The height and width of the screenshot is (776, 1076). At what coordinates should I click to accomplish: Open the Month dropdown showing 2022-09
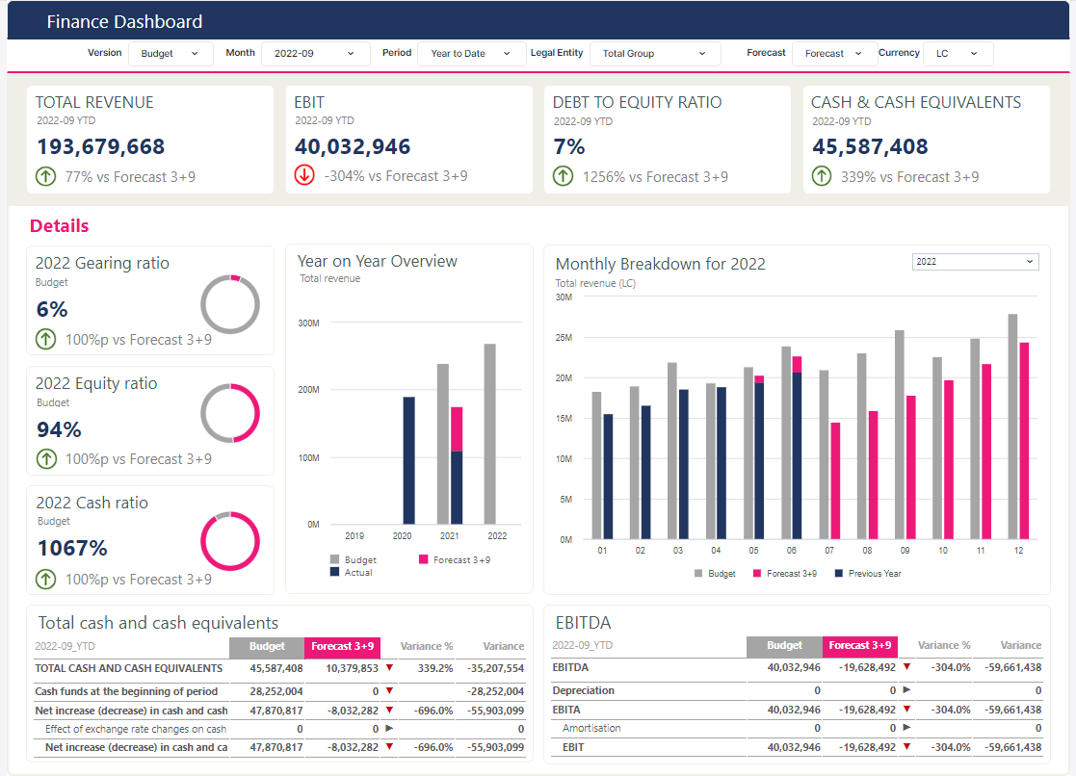[315, 54]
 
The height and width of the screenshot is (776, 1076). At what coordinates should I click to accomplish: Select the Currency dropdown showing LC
[958, 54]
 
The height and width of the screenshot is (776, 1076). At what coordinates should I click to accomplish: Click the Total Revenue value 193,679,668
[101, 146]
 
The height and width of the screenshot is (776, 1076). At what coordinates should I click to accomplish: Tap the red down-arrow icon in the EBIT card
[304, 175]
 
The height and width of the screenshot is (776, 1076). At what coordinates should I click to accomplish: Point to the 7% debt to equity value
[569, 147]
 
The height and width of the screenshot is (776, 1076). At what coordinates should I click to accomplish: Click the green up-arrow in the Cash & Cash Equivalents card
[822, 176]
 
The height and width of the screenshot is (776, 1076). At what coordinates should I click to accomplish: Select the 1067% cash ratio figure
[73, 548]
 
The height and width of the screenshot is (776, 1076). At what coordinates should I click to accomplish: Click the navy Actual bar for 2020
[409, 460]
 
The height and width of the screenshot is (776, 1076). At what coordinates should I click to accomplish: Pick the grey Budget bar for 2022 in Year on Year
[490, 434]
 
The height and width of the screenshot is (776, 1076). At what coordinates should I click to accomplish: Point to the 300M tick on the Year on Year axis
[309, 323]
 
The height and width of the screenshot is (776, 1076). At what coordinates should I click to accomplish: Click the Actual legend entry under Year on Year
[352, 572]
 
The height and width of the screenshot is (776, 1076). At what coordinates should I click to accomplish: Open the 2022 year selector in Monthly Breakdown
[975, 262]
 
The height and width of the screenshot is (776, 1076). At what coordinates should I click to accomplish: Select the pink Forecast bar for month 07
[835, 481]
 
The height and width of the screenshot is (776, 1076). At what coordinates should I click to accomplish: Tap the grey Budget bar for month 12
[1012, 427]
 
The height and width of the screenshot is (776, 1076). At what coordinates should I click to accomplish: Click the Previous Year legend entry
[868, 574]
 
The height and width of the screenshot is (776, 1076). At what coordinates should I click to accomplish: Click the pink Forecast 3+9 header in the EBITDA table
[860, 646]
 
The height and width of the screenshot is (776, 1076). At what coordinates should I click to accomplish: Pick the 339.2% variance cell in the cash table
[435, 668]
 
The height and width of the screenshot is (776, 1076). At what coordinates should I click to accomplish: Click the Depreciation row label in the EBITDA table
[584, 690]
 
